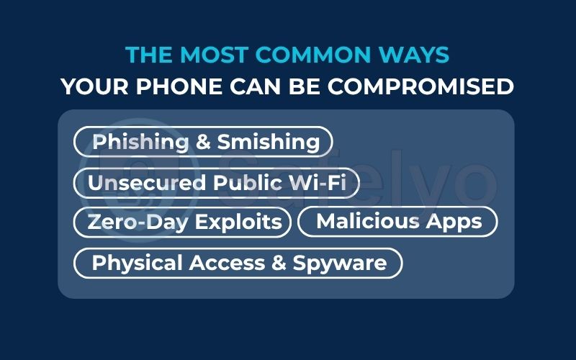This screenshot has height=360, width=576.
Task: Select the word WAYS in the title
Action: point(417,55)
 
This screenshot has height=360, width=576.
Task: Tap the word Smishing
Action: point(269,142)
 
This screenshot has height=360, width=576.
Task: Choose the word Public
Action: point(245,183)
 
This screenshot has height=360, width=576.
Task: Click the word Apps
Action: point(455,221)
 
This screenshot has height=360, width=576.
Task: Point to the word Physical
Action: point(137,263)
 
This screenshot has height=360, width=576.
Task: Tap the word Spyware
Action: point(340,263)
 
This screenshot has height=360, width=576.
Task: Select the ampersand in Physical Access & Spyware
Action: point(279,263)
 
